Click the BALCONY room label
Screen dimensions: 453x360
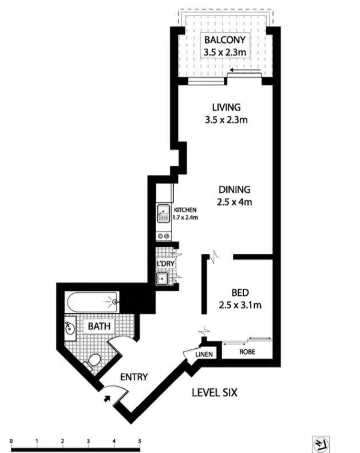pyautogui.click(x=226, y=40)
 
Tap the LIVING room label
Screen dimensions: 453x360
pyautogui.click(x=226, y=107)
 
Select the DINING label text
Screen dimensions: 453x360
pyautogui.click(x=235, y=190)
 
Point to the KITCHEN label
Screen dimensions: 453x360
pyautogui.click(x=185, y=210)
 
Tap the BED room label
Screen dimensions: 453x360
pyautogui.click(x=240, y=290)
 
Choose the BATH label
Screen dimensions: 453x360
pyautogui.click(x=98, y=327)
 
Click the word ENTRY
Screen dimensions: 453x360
pyautogui.click(x=134, y=377)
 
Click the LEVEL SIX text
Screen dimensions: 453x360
pyautogui.click(x=213, y=393)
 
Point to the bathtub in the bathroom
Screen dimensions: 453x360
pyautogui.click(x=92, y=301)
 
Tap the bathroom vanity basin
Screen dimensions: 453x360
pyautogui.click(x=70, y=328)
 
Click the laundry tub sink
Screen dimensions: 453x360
pyautogui.click(x=162, y=279)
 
